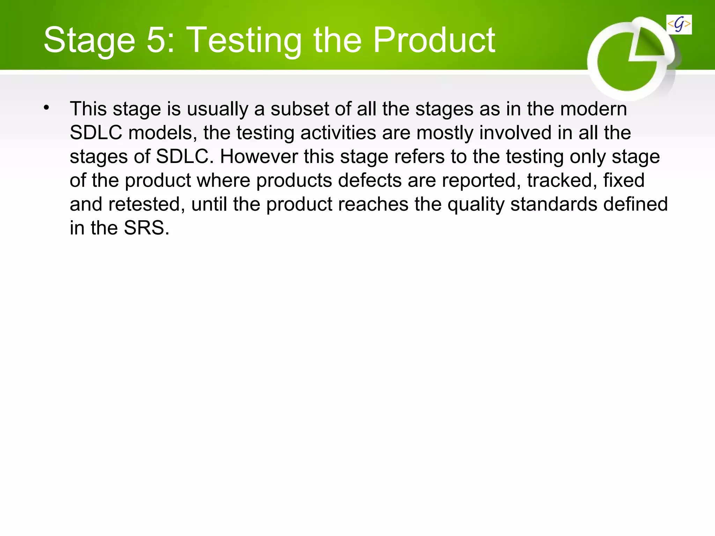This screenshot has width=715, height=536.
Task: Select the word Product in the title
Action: pyautogui.click(x=434, y=40)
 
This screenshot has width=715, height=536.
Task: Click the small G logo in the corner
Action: pyautogui.click(x=679, y=24)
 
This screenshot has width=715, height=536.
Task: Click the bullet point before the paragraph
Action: pyautogui.click(x=46, y=108)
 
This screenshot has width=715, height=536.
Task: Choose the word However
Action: pyautogui.click(x=259, y=157)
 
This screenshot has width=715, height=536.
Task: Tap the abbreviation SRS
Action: pyautogui.click(x=146, y=228)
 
